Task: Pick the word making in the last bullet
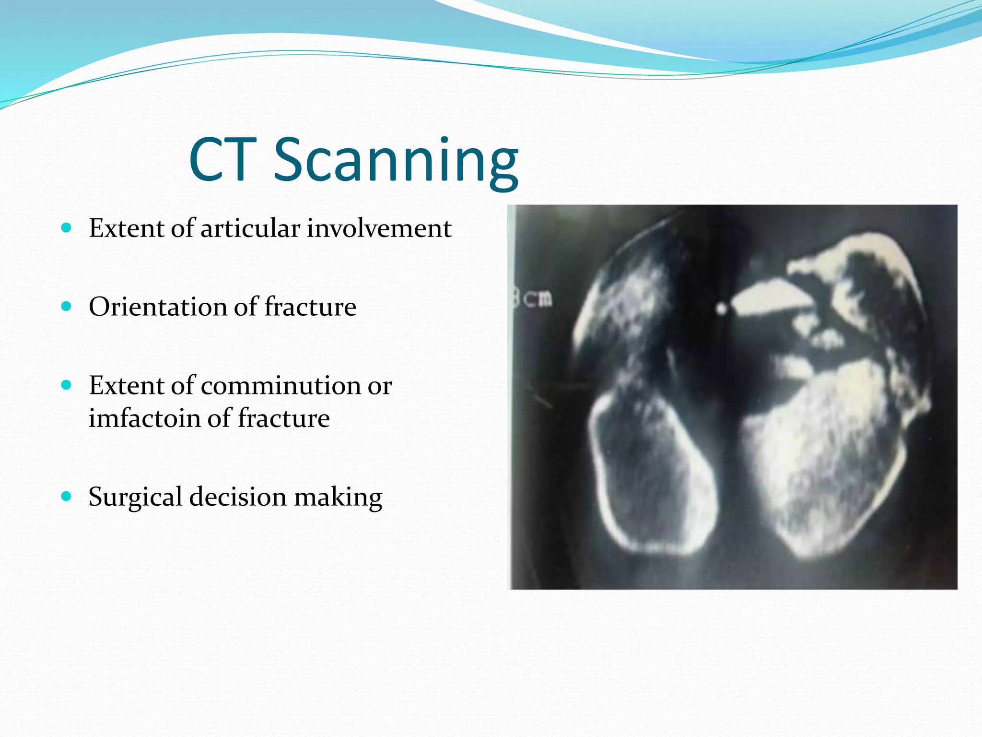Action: pos(338,497)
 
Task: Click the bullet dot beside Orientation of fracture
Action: pos(67,306)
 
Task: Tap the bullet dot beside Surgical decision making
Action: pos(67,496)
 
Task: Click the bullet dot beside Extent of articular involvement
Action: pos(67,227)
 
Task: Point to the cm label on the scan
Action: pos(537,299)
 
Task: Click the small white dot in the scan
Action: pos(721,309)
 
